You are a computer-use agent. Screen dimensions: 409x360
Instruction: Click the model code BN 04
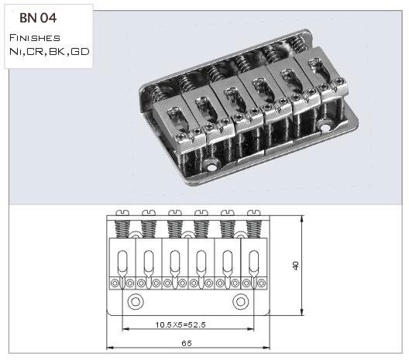tap(38, 18)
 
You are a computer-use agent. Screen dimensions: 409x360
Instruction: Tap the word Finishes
tap(35, 38)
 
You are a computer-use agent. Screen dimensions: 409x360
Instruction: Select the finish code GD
tap(80, 51)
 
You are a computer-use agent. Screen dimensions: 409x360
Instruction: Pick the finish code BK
tap(57, 51)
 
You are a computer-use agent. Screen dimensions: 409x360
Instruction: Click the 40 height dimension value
tap(295, 266)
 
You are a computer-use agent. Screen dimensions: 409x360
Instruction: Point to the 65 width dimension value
tap(187, 343)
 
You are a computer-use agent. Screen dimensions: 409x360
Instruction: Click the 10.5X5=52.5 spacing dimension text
tap(180, 325)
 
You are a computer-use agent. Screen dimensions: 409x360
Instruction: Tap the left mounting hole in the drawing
tap(136, 302)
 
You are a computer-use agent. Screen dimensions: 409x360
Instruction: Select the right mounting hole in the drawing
tap(240, 302)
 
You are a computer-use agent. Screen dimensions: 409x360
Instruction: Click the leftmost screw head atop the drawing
tap(122, 213)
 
